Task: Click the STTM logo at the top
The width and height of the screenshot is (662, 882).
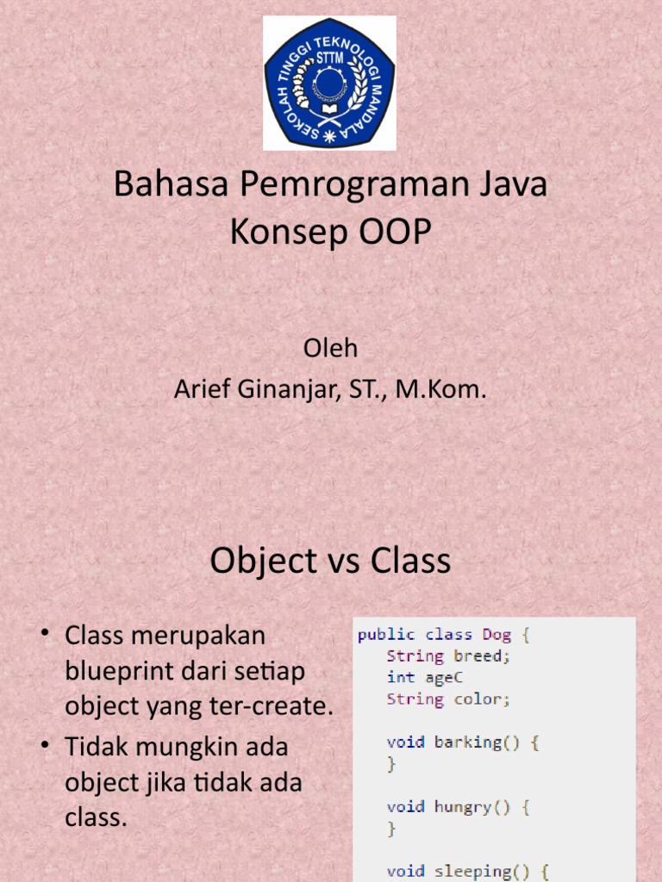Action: click(329, 84)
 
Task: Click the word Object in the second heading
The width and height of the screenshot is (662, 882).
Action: click(262, 562)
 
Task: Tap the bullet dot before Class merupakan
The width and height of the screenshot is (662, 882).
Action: click(46, 634)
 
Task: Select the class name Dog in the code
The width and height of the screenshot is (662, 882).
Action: click(496, 635)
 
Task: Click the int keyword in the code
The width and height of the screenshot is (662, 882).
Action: click(401, 678)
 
